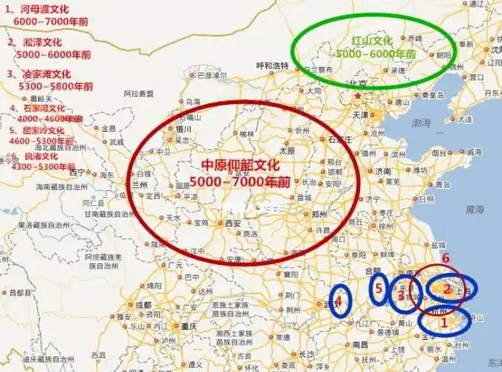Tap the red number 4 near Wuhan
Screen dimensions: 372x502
point(339,301)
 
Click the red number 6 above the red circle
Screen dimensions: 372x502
point(445,259)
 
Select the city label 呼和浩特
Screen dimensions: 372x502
point(272,65)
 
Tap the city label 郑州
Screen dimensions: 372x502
point(320,213)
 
